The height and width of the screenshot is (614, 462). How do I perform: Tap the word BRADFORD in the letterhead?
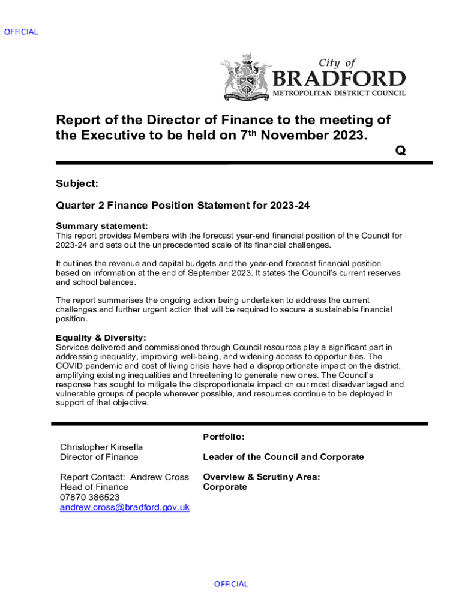point(339,79)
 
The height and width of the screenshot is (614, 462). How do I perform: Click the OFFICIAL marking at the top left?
point(21,32)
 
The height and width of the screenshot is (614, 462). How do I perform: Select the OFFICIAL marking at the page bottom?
point(231,583)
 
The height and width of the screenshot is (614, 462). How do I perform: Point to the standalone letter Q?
point(400,151)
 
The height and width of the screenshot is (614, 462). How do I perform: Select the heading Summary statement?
point(101,226)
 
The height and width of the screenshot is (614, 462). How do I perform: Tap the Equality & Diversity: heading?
point(101,338)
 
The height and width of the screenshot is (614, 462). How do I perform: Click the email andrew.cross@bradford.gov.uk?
point(124,507)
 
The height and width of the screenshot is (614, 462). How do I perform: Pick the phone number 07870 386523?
point(89,497)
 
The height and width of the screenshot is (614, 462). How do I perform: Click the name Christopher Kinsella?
point(101,447)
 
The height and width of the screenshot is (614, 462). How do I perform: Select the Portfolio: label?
point(223,437)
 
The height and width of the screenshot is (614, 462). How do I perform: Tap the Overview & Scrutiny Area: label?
point(261,477)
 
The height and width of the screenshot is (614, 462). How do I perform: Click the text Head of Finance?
point(94,487)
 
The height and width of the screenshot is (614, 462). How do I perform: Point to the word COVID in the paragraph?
point(70,365)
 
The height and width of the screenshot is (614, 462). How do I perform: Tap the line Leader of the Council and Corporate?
point(283,457)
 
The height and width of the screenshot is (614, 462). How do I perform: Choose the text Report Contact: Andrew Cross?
point(124,477)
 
